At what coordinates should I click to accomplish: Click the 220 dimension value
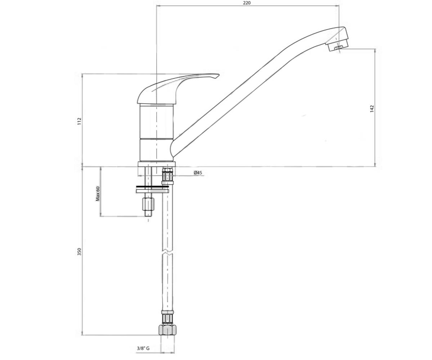coord(247,3)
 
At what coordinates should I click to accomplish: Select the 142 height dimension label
coord(372,109)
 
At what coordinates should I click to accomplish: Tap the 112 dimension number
coord(80,121)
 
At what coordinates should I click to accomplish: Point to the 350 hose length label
coord(80,251)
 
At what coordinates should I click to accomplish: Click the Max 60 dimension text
coord(98,194)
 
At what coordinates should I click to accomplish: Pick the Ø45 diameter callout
coord(198,172)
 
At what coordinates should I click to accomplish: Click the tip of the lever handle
coord(219,75)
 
